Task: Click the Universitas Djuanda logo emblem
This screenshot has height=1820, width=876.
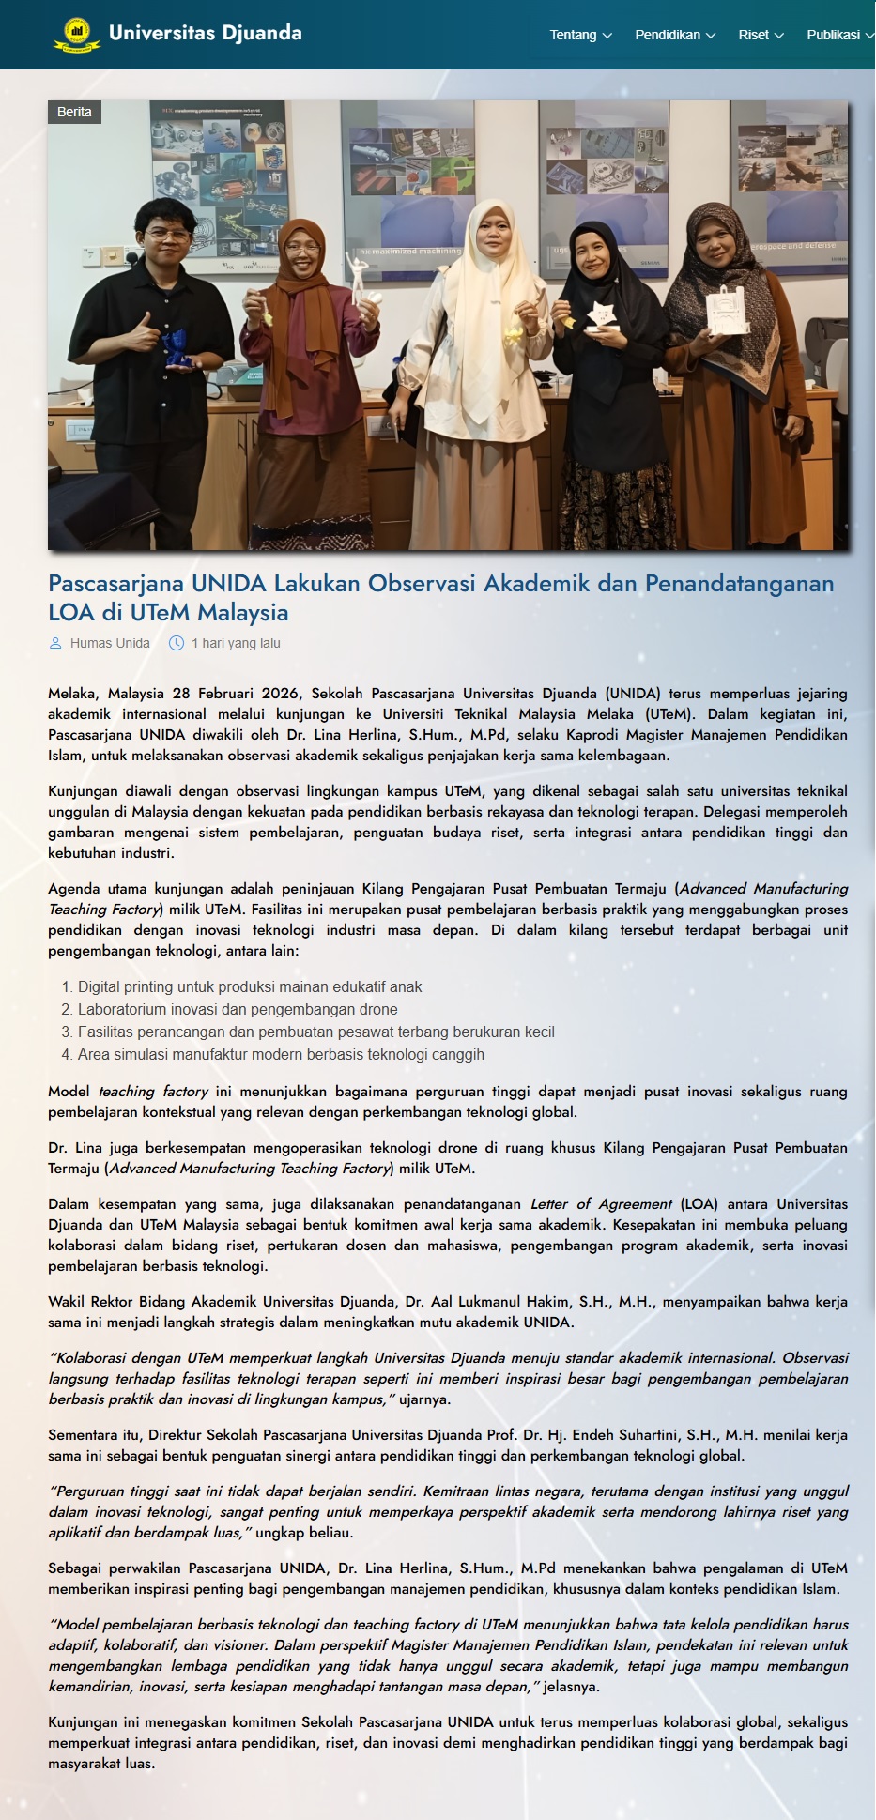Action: coord(75,34)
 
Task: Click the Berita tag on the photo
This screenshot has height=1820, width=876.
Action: coord(74,112)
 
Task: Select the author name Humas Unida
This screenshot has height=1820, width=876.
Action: coord(110,643)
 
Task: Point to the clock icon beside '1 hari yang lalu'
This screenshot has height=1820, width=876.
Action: coord(177,643)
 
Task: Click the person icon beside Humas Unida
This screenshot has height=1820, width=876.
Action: coord(55,643)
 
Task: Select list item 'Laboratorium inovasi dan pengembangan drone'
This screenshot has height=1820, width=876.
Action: coord(238,1009)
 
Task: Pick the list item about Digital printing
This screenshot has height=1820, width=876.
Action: coord(250,986)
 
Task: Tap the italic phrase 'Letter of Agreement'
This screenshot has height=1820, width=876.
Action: coord(601,1203)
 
